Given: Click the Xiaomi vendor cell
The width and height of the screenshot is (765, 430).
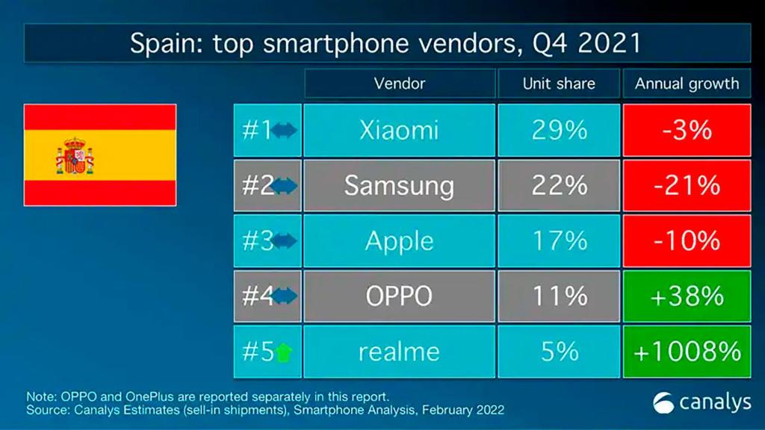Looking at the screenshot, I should coord(399,131).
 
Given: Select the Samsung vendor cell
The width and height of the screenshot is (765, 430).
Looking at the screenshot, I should coord(399,186).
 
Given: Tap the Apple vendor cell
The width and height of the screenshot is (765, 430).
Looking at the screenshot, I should coord(399,241).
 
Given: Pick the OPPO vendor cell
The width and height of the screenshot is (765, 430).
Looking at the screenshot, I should coord(399,296).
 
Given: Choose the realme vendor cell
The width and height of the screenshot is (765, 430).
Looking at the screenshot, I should coord(399,352).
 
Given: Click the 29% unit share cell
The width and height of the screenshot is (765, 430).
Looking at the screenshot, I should coord(559,131).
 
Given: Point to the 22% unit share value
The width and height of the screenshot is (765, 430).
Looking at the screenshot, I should coord(559,186).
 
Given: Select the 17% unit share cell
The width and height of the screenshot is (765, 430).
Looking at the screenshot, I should coord(559,241).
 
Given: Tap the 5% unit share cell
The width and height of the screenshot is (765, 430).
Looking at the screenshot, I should coord(559,352).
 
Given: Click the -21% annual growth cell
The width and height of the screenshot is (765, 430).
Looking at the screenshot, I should coord(687,186).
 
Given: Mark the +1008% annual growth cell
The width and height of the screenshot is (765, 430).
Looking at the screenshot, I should coord(687,352).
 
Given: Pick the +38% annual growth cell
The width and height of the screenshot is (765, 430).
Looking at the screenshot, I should coord(687,296).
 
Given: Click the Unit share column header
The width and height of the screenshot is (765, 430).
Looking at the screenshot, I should coord(559,84).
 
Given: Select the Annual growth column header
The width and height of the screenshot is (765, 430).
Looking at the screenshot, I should coord(687,84).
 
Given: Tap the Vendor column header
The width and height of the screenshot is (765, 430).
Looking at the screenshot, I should coord(399,84).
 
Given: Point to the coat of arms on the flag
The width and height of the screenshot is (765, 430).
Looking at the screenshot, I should coord(75,155).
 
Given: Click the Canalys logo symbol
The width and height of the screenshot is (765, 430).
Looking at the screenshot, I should coord(663,403).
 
